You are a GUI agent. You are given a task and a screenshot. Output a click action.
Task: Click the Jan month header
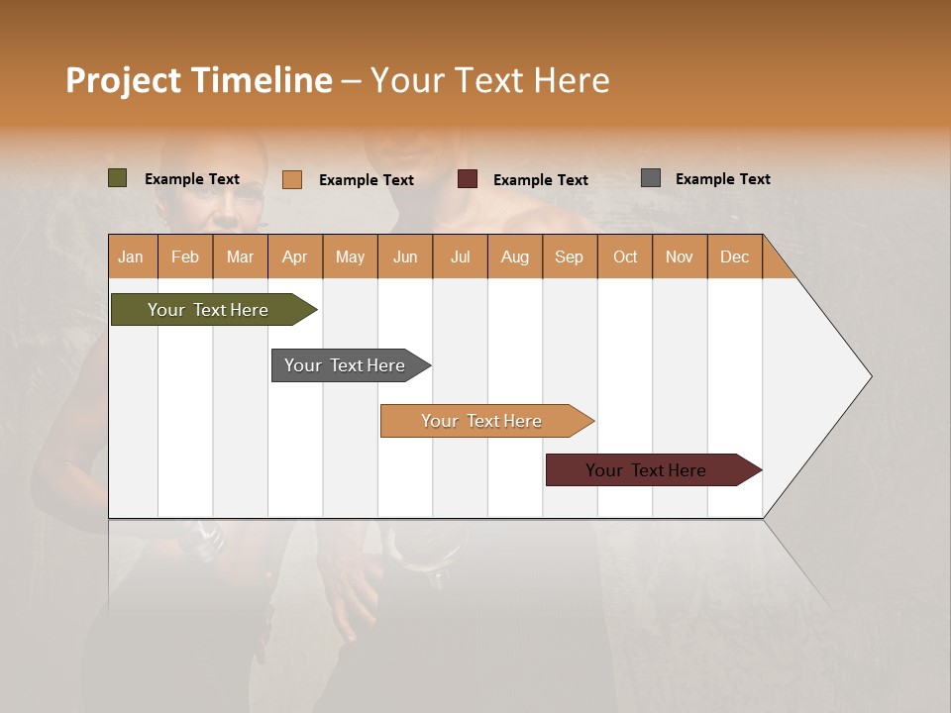(132, 257)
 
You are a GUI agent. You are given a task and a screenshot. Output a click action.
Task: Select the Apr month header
(295, 257)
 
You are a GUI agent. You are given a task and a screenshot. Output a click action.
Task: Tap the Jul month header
(461, 257)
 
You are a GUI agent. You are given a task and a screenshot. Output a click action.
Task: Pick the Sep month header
(570, 257)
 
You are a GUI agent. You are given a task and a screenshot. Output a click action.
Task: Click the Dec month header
(735, 257)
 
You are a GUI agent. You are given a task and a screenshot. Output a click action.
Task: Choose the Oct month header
(625, 257)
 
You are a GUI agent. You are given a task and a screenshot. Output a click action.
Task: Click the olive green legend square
(118, 178)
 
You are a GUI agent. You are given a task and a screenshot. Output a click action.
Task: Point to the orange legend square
(292, 179)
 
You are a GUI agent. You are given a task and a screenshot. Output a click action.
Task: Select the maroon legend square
(468, 179)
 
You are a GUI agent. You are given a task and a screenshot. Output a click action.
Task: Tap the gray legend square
(651, 178)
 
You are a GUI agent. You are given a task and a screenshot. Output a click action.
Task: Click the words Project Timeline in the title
(198, 80)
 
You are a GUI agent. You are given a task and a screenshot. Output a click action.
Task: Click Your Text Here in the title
(490, 80)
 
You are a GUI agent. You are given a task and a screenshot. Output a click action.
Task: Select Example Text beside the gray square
(722, 178)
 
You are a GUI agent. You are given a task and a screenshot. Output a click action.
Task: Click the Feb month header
(185, 257)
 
